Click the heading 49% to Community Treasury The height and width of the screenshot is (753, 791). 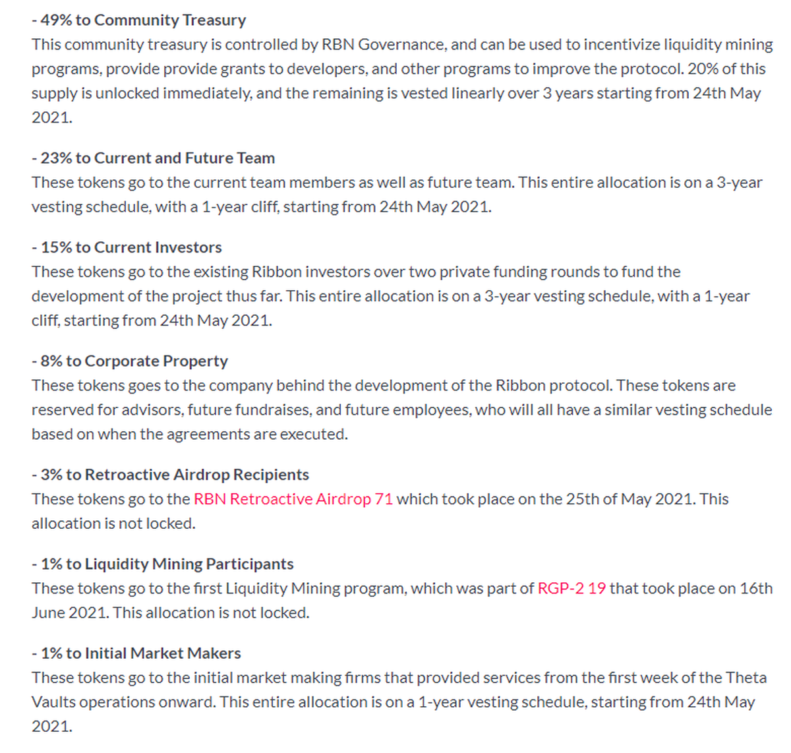click(138, 20)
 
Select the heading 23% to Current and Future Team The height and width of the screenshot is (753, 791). click(153, 158)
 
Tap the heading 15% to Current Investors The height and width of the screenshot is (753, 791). click(127, 247)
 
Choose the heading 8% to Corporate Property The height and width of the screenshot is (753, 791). click(130, 361)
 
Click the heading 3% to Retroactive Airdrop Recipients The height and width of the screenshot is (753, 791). click(170, 475)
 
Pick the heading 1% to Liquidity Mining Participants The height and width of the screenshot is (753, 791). click(163, 564)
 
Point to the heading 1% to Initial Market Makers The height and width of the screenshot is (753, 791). click(136, 653)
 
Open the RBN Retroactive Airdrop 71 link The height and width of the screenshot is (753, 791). click(293, 499)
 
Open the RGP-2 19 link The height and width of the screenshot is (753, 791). click(571, 588)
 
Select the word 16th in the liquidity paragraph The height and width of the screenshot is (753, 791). click(756, 588)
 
